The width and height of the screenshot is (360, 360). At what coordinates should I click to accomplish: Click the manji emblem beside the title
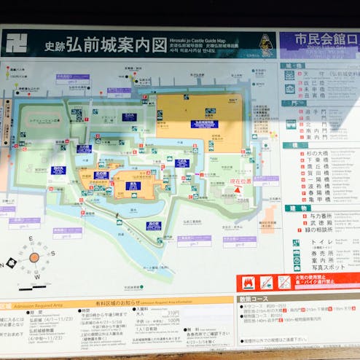(x=16, y=43)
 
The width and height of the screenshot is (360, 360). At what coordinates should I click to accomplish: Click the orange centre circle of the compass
(x=34, y=257)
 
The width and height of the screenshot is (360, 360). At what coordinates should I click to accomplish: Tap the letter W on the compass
(x=37, y=277)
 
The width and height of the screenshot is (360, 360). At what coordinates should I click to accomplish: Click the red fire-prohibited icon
(x=247, y=282)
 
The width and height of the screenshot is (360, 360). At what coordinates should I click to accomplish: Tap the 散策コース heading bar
(x=254, y=299)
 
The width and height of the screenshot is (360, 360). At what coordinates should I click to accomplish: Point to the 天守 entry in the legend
(x=316, y=74)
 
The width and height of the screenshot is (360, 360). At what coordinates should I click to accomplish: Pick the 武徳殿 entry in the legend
(x=320, y=225)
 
